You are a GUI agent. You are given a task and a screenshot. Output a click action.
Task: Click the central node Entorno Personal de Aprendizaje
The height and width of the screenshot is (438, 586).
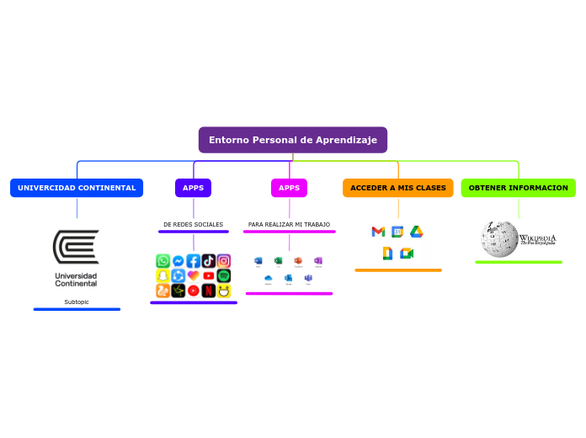point(293,140)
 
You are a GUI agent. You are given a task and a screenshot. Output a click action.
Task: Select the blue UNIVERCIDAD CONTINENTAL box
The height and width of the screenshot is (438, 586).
point(77,188)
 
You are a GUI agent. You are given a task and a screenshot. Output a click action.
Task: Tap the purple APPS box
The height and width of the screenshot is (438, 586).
point(194,188)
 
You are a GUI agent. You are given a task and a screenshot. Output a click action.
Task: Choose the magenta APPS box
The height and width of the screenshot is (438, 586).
point(289,188)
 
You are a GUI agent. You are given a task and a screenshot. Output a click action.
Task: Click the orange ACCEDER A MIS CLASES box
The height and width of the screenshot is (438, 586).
point(398,188)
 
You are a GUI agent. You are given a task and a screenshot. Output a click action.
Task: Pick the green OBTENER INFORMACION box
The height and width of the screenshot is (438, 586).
point(519,188)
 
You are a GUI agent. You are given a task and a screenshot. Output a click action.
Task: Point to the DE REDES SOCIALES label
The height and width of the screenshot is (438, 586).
point(194,225)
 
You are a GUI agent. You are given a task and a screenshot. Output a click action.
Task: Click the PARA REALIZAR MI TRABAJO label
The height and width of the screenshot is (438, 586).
point(289,225)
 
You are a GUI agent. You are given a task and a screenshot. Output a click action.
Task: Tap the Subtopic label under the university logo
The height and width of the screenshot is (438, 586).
point(77,302)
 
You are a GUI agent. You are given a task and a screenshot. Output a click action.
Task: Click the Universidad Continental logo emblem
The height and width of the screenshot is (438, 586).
point(76,248)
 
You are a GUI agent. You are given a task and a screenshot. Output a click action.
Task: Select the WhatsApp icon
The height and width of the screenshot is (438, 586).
point(163,261)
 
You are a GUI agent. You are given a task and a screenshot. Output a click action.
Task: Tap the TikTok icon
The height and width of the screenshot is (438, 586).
point(209,261)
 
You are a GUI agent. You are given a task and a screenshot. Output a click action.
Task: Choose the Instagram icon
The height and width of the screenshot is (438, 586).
point(224,261)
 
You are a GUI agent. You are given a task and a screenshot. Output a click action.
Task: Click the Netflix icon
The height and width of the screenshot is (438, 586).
point(209,291)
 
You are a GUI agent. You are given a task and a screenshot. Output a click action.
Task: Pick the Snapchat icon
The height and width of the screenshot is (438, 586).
point(163,276)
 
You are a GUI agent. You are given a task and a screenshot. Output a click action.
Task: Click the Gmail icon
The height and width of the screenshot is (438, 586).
point(378,232)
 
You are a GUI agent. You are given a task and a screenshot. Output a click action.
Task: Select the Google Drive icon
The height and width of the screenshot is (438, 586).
point(416,232)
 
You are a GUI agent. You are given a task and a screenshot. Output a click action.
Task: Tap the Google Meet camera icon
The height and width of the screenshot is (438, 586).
point(407,254)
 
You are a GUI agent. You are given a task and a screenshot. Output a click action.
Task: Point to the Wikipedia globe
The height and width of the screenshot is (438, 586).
point(498,239)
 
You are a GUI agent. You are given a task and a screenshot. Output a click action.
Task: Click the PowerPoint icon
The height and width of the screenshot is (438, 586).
point(298,260)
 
